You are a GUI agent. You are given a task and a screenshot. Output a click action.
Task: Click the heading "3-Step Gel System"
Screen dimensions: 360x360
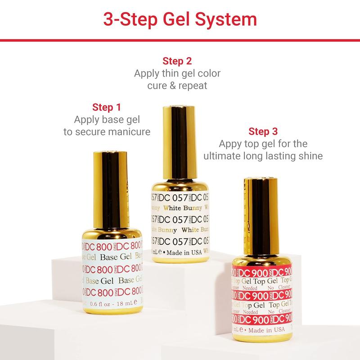[x=180, y=20]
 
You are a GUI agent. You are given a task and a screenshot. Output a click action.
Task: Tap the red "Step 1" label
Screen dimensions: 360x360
[x=107, y=107]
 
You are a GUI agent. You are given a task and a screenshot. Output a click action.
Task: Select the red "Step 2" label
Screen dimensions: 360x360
[x=177, y=60]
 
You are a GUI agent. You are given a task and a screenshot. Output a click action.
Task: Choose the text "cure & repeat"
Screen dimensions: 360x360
[x=177, y=85]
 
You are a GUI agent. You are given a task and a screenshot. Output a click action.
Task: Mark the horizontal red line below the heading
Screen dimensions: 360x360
[x=180, y=40]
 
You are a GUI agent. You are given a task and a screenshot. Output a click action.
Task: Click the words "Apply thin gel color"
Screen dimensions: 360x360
[x=177, y=73]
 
